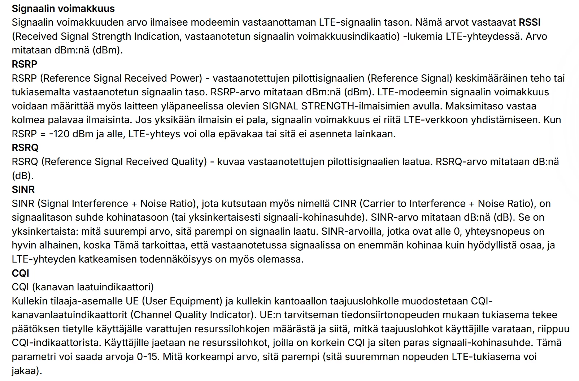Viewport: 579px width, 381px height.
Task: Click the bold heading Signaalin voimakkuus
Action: tap(63, 8)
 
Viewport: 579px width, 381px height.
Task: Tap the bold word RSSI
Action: tap(530, 22)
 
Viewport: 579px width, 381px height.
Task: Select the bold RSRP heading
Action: tap(25, 64)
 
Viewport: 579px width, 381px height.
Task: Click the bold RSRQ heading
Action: tap(25, 148)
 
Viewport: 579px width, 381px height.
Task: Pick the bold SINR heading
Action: tap(23, 190)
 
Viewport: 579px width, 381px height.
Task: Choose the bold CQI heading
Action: tap(20, 273)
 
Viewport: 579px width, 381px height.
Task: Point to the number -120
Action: tap(59, 134)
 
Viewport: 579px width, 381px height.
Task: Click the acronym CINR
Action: tap(343, 204)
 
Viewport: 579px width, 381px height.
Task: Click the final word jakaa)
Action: tap(27, 371)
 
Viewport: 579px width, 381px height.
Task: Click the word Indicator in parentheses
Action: tap(229, 315)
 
